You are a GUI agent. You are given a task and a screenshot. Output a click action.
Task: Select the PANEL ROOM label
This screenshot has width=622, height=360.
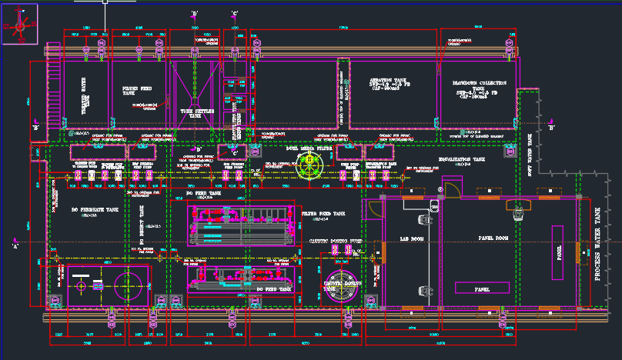coord(493,238)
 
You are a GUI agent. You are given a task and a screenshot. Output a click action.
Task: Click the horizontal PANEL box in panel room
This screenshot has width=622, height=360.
coord(483,288)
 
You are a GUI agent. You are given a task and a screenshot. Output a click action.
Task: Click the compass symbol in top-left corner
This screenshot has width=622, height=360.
coord(19,25)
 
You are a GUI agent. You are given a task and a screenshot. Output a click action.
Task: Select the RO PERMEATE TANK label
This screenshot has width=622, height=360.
coord(95,209)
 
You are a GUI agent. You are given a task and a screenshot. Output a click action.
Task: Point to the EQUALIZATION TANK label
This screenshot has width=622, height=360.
coord(462,159)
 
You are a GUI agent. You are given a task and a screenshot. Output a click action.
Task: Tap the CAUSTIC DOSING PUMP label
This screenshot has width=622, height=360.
coord(335,242)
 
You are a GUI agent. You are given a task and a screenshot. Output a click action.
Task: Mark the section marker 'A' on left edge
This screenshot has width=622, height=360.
coord(15,245)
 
